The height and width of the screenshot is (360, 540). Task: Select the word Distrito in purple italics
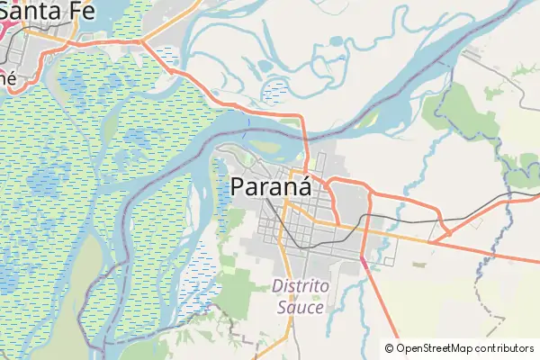coord(301,287)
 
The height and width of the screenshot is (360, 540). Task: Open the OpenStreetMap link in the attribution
coord(436,348)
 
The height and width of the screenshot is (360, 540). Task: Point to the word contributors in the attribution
coord(506,348)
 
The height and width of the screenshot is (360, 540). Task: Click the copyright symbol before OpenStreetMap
coord(389,348)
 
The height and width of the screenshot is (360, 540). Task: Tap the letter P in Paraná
coord(239,187)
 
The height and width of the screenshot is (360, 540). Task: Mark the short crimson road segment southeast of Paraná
coord(364,259)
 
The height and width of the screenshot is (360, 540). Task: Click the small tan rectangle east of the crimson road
coord(418,265)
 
